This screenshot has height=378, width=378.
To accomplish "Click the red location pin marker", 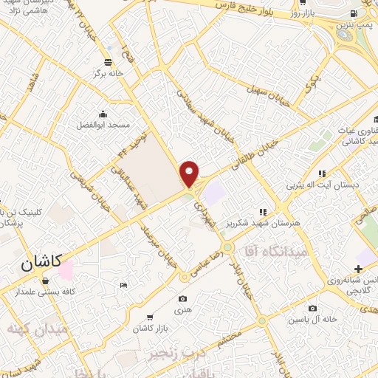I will pos(190,174).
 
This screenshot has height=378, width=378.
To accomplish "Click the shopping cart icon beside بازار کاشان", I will pos(151,316).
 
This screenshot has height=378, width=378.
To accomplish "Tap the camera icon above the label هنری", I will pos(182,298).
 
